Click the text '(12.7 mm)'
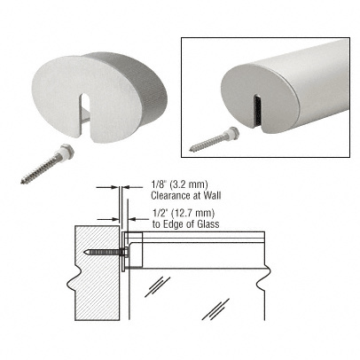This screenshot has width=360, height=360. tap(184, 213)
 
